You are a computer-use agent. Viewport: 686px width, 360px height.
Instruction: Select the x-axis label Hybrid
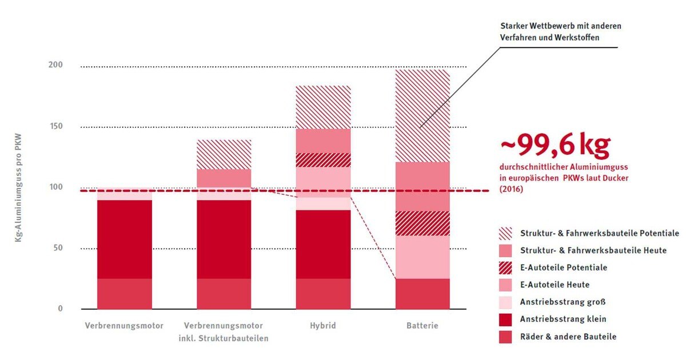[x=324, y=326]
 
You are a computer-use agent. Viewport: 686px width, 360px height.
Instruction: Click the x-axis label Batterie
[x=422, y=326]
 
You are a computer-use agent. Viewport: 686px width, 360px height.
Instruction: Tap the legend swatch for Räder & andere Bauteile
[x=505, y=337]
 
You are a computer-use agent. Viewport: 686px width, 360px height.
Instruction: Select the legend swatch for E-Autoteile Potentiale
[x=505, y=267]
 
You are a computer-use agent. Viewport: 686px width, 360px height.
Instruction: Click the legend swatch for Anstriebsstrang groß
[x=505, y=302]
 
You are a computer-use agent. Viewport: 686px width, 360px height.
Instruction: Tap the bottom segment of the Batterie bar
[x=422, y=294]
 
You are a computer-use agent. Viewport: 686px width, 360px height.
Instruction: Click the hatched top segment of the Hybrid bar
[x=323, y=107]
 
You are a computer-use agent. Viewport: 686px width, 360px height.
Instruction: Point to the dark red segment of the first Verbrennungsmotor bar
[x=124, y=239]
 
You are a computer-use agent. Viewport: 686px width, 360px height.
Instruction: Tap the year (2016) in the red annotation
[x=512, y=189]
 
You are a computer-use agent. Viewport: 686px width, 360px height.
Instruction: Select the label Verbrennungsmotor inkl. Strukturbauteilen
[x=224, y=332]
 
